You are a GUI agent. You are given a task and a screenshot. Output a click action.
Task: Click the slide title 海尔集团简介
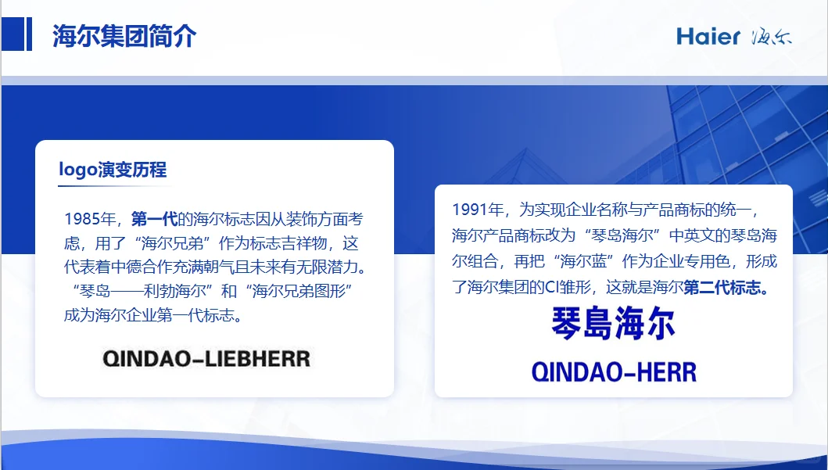pos(124,36)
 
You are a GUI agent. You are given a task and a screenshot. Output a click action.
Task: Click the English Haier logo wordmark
pos(708,37)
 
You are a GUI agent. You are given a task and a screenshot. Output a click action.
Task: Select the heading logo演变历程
pos(113,170)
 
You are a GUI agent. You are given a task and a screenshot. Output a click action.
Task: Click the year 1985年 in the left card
pos(91,219)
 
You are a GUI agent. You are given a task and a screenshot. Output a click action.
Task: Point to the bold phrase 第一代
pos(154,219)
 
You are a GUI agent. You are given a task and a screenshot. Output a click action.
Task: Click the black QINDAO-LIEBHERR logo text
pos(206,359)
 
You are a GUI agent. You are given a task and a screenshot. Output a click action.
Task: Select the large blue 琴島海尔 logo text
pos(614,324)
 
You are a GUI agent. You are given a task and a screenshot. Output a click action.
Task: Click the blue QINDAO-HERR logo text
pos(614,372)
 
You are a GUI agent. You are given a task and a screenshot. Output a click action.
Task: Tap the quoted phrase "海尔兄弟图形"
pos(301,292)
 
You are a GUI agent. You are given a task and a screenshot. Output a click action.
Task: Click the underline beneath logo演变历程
pos(113,187)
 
